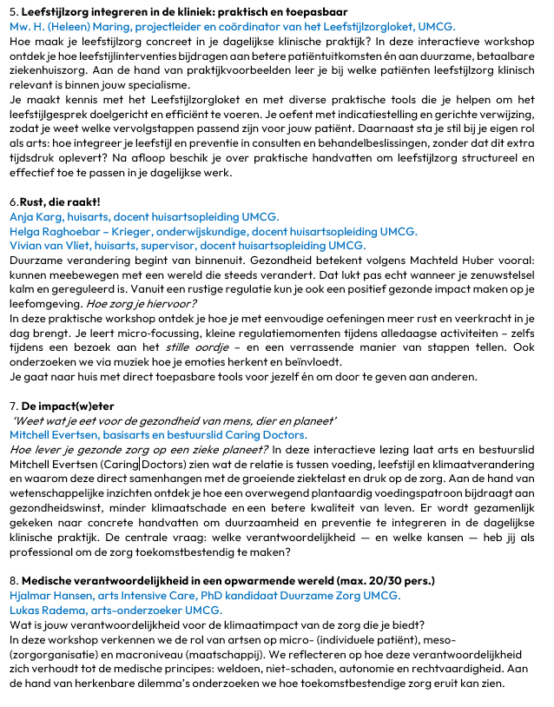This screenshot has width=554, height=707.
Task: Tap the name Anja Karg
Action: point(34,217)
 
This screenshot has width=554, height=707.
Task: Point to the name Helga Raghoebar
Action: point(56,231)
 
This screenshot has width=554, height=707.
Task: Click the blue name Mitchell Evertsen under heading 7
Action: point(56,434)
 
